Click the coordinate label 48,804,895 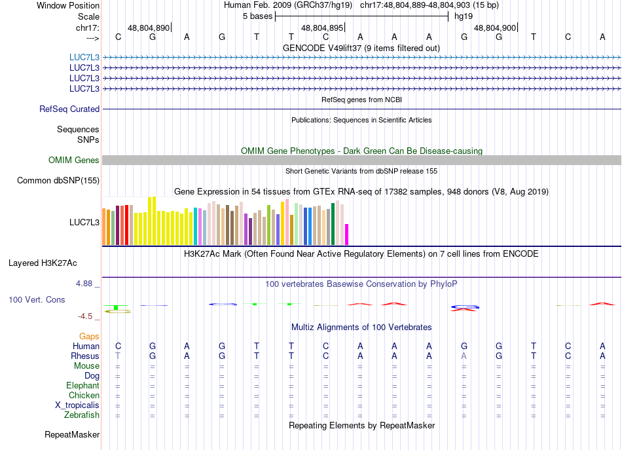(321, 28)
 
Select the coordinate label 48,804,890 (149, 28)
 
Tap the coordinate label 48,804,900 (494, 28)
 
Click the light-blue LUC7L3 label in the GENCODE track (84, 57)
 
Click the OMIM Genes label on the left (74, 160)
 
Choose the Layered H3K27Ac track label (43, 263)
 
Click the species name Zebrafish (82, 415)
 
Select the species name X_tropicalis (77, 405)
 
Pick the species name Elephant (82, 386)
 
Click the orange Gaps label (89, 336)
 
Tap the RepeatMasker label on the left (72, 434)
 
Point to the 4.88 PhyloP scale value (85, 284)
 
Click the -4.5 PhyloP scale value (87, 316)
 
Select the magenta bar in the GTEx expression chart (347, 234)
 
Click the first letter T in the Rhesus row (118, 356)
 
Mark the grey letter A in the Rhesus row (464, 356)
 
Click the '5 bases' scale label (255, 16)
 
